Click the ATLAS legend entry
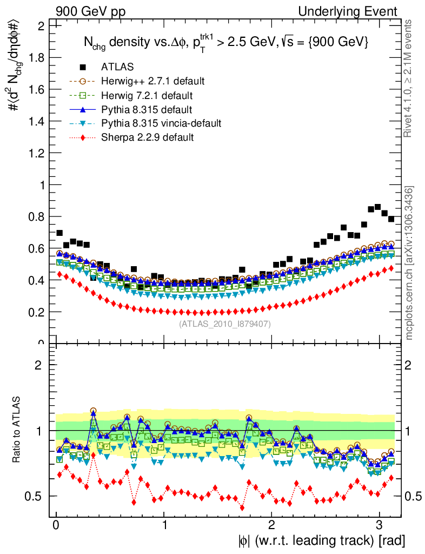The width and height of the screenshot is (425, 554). coord(117,67)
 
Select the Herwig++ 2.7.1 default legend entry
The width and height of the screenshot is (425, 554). coord(152,81)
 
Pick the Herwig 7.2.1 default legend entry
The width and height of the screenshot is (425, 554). coord(147,95)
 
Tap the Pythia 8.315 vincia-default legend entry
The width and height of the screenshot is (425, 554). coord(161,123)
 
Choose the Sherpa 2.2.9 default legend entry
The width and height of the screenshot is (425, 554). coord(147,137)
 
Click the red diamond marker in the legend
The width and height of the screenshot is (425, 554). coord(83,137)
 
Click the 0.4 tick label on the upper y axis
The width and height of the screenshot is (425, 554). coord(37,280)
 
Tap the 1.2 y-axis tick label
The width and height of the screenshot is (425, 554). coord(37,153)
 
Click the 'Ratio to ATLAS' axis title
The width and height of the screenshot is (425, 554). coord(16,430)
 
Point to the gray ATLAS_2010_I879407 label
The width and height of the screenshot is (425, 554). coord(225,324)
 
